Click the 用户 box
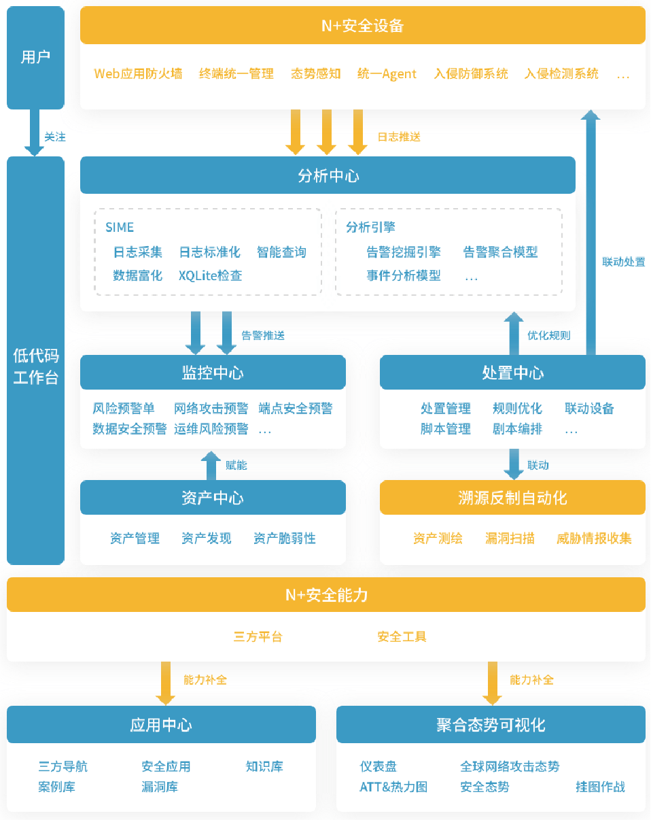tap(35, 57)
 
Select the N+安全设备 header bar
tap(362, 26)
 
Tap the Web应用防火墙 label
tap(138, 74)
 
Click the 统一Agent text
tap(387, 74)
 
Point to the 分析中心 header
tap(328, 176)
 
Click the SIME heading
tap(120, 227)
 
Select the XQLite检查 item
tap(211, 275)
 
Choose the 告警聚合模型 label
tap(500, 252)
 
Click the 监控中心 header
tap(213, 373)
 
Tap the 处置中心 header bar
tap(512, 373)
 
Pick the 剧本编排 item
tap(517, 429)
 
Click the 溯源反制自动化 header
tap(512, 498)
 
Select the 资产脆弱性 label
tap(285, 539)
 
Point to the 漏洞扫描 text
tap(510, 539)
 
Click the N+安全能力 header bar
tap(326, 595)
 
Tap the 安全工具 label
tap(402, 637)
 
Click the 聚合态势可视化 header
tap(491, 725)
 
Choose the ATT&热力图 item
tap(393, 787)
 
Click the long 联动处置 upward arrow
tap(591, 231)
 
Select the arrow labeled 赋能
tap(210, 466)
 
